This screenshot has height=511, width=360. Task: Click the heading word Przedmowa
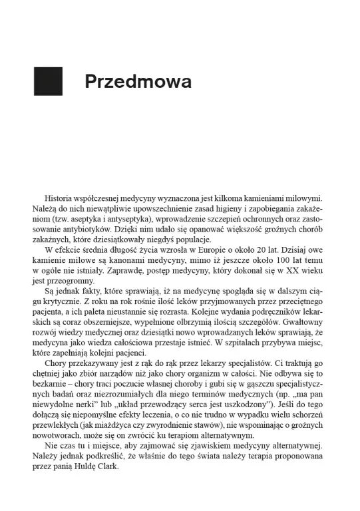138,82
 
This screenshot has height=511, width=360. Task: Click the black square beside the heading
48,81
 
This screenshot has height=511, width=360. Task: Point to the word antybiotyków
75,229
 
